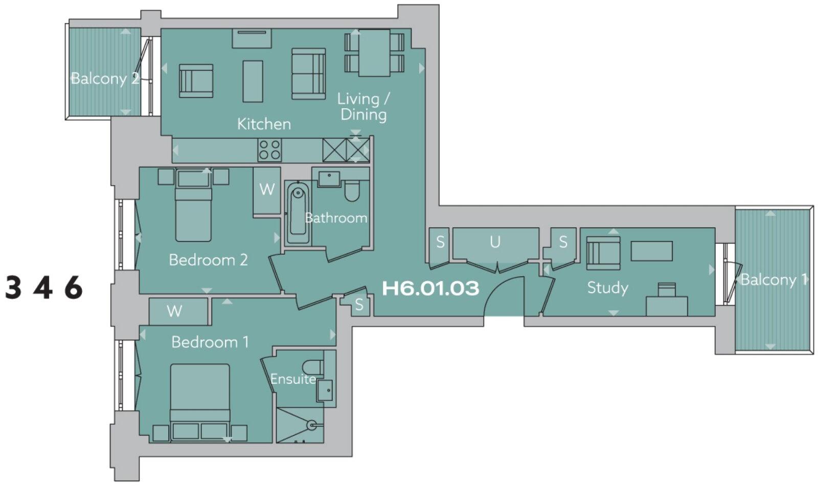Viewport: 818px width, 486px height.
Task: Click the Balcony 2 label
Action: pos(105,79)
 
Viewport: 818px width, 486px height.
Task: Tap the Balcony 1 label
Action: pos(773,279)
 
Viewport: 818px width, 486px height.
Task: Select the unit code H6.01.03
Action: pos(430,288)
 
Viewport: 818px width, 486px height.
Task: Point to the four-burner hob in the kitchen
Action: pos(269,150)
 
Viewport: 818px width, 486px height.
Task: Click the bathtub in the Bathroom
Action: pos(298,213)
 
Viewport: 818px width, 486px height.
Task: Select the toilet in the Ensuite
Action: pos(312,367)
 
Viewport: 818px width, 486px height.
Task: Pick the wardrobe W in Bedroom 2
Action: pos(267,190)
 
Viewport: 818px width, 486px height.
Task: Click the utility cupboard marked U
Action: pos(495,243)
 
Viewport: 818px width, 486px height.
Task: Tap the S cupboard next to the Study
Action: pos(563,242)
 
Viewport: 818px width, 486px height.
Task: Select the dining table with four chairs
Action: pos(374,53)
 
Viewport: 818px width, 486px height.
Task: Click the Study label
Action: pos(607,287)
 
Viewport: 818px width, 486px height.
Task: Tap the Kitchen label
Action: pos(264,124)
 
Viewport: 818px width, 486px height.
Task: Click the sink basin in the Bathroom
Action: pos(329,179)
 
